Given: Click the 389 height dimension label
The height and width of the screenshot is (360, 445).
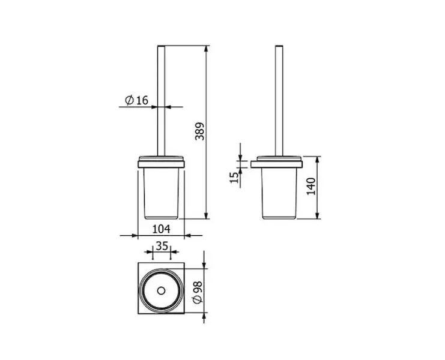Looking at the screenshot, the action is click(200, 131).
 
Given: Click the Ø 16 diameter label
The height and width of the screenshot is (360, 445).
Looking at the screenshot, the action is click(136, 100).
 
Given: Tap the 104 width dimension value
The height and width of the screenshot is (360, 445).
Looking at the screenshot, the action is click(161, 229).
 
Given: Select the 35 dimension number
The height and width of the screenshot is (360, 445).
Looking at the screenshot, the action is click(162, 246).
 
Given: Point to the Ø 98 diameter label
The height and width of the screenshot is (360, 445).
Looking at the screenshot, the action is click(198, 292).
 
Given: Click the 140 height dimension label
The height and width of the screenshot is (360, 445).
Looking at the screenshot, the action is click(311, 186).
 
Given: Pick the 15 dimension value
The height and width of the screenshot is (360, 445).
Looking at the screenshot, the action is click(234, 178).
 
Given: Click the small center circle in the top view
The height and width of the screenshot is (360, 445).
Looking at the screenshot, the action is click(161, 291).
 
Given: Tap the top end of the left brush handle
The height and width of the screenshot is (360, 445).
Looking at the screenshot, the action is click(161, 46).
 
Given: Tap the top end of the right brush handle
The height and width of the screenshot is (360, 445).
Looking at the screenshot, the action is click(279, 46).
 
